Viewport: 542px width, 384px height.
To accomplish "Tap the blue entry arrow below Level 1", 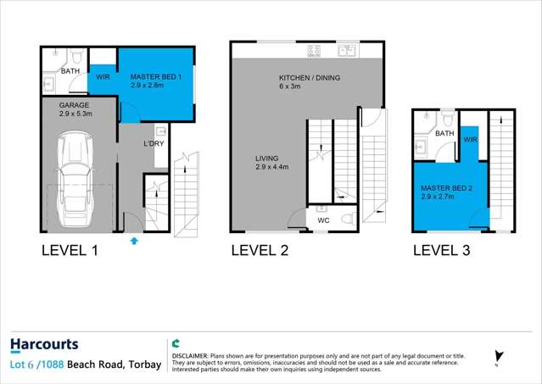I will coord(133,242).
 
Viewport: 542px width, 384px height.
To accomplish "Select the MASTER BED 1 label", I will coord(155,76).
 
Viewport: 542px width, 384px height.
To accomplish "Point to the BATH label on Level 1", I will coord(70,72).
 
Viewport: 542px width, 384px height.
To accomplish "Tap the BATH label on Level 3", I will coord(444,134).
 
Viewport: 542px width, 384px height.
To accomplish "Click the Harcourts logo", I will coord(44,344).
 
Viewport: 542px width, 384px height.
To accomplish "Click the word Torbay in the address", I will coord(143,365).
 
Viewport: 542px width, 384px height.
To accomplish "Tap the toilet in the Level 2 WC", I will coord(345,220).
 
